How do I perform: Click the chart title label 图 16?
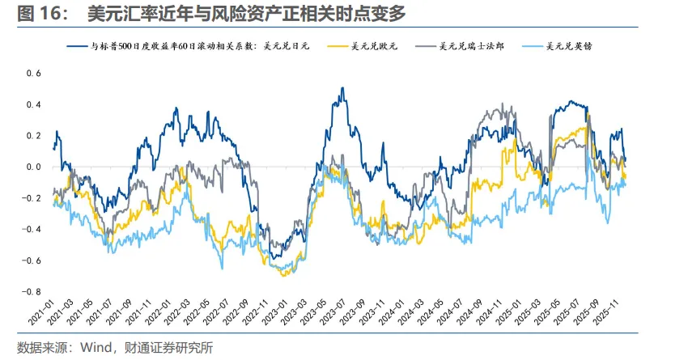point(36,15)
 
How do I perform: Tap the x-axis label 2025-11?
point(617,313)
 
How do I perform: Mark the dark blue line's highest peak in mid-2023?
point(342,88)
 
